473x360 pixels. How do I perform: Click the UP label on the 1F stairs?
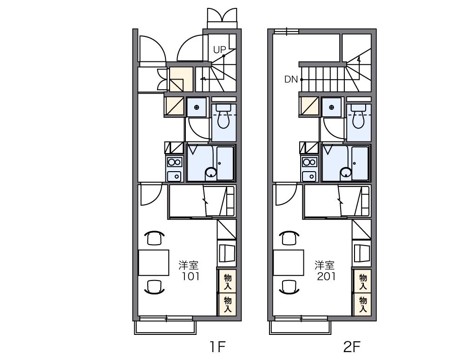pyautogui.click(x=220, y=49)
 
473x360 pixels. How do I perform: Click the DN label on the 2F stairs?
pyautogui.click(x=291, y=80)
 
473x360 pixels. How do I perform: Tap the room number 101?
pyautogui.click(x=191, y=276)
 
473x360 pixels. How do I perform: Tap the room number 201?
pyautogui.click(x=326, y=276)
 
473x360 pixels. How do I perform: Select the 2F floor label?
pyautogui.click(x=352, y=347)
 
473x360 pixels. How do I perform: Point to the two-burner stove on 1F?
pyautogui.click(x=174, y=162)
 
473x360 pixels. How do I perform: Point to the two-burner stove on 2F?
pyautogui.click(x=309, y=162)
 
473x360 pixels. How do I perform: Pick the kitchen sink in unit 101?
pyautogui.click(x=174, y=176)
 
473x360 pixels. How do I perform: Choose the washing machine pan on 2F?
pyautogui.click(x=332, y=107)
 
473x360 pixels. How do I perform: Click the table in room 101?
pyautogui.click(x=153, y=262)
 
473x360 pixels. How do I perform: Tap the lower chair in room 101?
pyautogui.click(x=154, y=287)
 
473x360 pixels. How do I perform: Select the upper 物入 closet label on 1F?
pyautogui.click(x=228, y=282)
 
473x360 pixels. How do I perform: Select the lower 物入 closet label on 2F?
pyautogui.click(x=363, y=305)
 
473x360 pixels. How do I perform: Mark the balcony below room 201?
pyautogui.click(x=300, y=327)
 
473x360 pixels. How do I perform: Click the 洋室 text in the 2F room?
pyautogui.click(x=325, y=265)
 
